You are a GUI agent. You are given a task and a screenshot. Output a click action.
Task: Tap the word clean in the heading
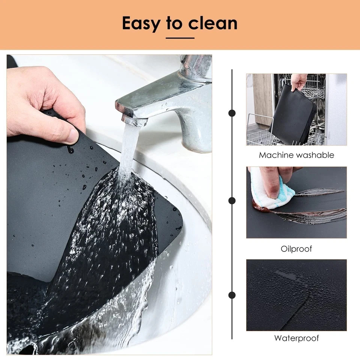[x=213, y=23]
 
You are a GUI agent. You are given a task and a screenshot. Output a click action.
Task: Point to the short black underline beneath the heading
[x=180, y=38]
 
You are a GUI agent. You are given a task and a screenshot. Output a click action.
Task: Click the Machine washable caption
[x=296, y=155]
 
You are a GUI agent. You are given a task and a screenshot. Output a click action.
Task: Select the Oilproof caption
[x=296, y=249]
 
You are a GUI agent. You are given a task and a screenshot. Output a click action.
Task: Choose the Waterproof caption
[x=296, y=338]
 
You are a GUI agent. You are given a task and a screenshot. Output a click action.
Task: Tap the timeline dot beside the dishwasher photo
[x=232, y=113]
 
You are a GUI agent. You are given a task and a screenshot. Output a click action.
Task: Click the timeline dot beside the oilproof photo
[x=232, y=201]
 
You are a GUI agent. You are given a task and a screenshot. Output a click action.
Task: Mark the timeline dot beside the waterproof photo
[x=232, y=295]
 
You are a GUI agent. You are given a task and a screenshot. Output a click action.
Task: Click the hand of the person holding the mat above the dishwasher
[x=299, y=82]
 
